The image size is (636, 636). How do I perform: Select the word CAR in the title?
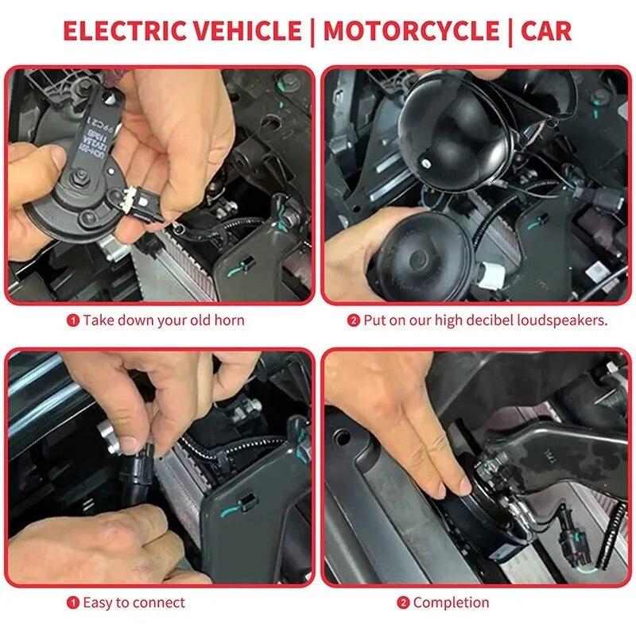click(546, 31)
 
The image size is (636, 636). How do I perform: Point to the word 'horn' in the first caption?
click(228, 321)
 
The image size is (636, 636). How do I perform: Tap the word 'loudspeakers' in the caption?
click(562, 321)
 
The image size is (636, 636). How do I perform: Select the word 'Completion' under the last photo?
click(451, 603)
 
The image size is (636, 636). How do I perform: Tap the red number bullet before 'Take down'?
click(73, 321)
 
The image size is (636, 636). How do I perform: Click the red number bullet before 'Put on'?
click(354, 321)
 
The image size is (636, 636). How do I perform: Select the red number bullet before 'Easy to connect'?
click(73, 603)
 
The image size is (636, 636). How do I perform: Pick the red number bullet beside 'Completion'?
click(403, 603)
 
